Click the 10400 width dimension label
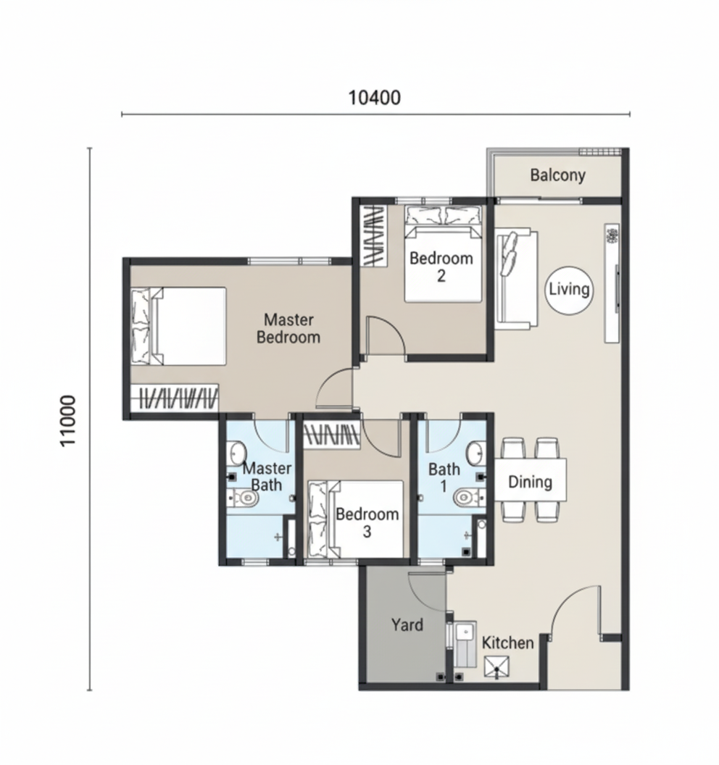[375, 98]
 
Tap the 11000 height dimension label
[68, 420]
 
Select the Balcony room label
[558, 175]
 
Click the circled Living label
[569, 290]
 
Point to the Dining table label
[530, 482]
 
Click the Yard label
[407, 625]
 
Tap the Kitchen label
[507, 643]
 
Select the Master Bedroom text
[288, 328]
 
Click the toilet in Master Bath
[244, 498]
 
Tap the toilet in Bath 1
[469, 498]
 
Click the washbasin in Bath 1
[475, 453]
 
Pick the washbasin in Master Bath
[236, 453]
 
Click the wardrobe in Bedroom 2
[373, 235]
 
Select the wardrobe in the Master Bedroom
[174, 398]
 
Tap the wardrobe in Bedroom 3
[332, 435]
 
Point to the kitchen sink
[465, 643]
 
